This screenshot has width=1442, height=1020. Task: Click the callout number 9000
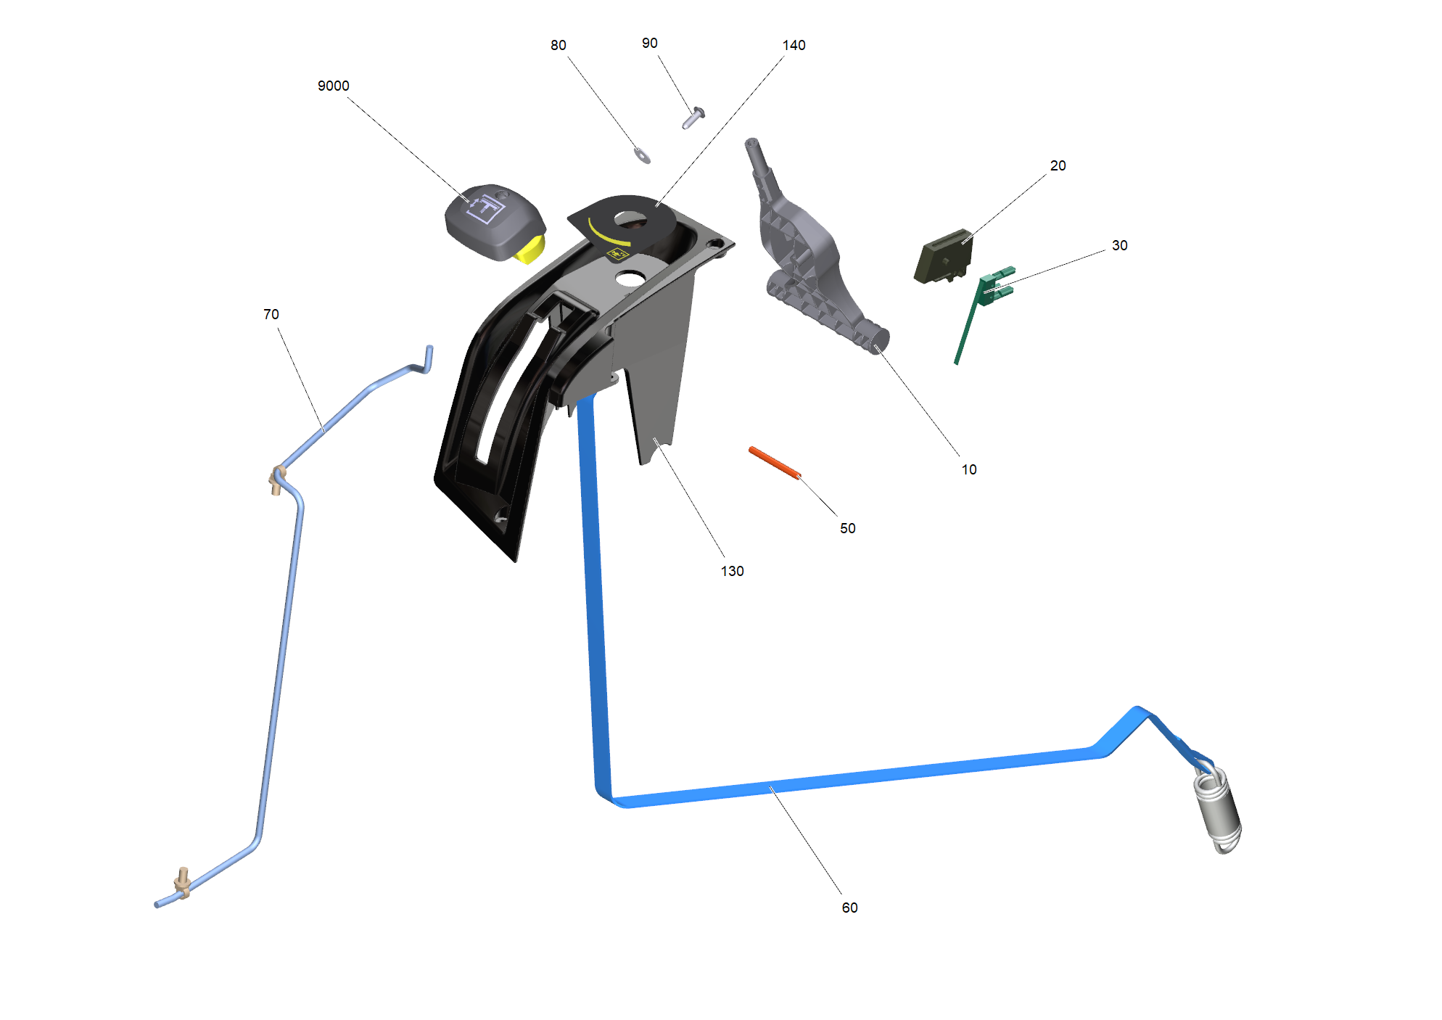334,86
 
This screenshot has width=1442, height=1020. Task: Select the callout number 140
794,45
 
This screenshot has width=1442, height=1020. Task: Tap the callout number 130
732,571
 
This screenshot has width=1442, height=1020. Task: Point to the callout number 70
271,314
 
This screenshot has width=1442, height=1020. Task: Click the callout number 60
849,908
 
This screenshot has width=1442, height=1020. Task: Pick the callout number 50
847,528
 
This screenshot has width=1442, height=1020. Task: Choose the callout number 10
969,469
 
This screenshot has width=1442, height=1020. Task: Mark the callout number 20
1058,165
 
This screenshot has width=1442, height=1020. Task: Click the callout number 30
1119,245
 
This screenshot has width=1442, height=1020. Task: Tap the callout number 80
558,45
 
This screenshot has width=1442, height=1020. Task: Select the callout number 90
649,43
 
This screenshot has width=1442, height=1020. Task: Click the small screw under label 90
693,118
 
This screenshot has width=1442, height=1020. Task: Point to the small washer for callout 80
642,155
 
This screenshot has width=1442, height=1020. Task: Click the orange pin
775,463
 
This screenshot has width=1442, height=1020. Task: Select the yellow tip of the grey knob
530,250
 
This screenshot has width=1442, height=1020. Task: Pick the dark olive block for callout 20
942,257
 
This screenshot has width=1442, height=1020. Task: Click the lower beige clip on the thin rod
182,883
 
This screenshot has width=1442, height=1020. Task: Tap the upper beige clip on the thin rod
276,480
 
